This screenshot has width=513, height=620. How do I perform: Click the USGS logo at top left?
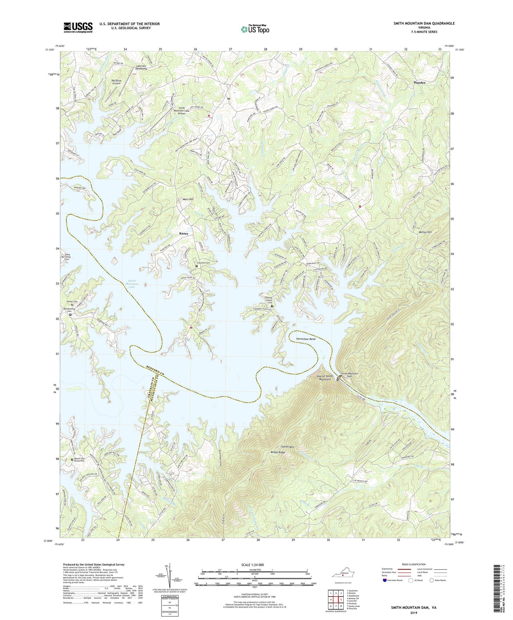(x=78, y=27)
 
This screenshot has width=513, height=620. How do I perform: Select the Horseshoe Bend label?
(x=306, y=339)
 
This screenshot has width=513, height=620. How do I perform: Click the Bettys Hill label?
(x=425, y=232)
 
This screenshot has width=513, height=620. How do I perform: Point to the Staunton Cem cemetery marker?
(x=197, y=266)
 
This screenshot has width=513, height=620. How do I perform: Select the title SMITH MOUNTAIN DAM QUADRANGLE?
(x=424, y=23)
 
